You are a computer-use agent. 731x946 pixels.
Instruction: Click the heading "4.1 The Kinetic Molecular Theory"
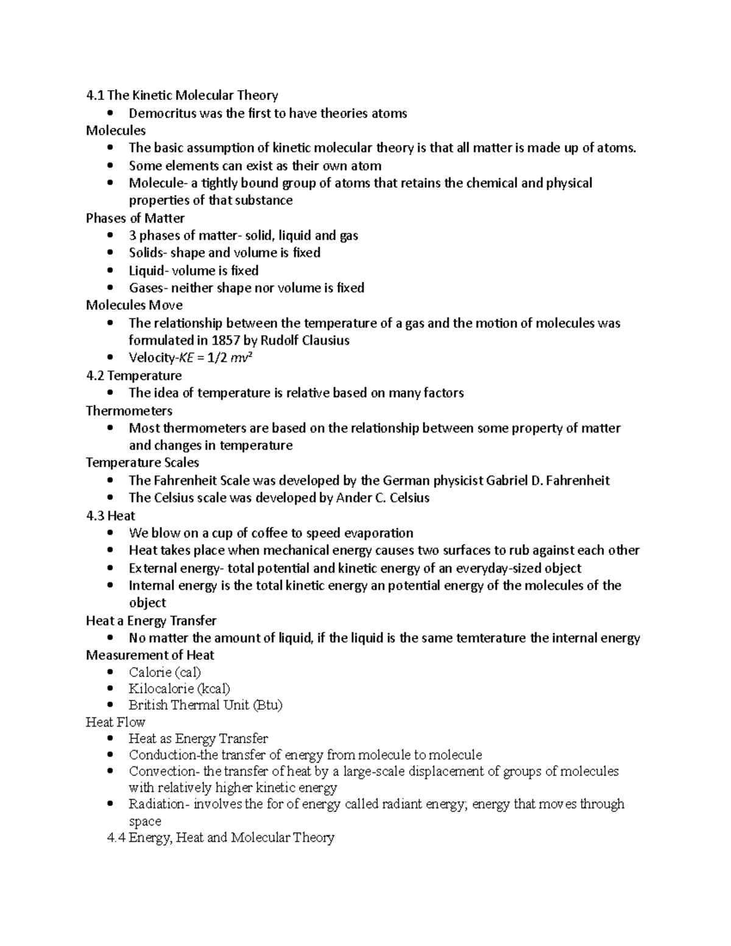[x=182, y=95]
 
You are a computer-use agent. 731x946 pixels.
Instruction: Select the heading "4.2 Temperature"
[x=134, y=375]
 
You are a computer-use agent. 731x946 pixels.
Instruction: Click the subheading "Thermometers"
[x=129, y=411]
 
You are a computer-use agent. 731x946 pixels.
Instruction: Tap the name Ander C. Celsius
[x=383, y=498]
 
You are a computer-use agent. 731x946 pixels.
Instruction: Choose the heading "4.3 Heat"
[x=110, y=515]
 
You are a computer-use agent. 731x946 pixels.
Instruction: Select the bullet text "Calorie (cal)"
[x=164, y=672]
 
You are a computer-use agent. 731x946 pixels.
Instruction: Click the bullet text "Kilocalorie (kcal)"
[x=179, y=689]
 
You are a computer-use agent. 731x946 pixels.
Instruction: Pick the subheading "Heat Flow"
[x=115, y=722]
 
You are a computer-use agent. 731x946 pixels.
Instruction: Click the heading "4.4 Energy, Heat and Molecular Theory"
[x=221, y=838]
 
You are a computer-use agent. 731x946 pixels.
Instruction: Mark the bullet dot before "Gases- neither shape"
[x=110, y=288]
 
